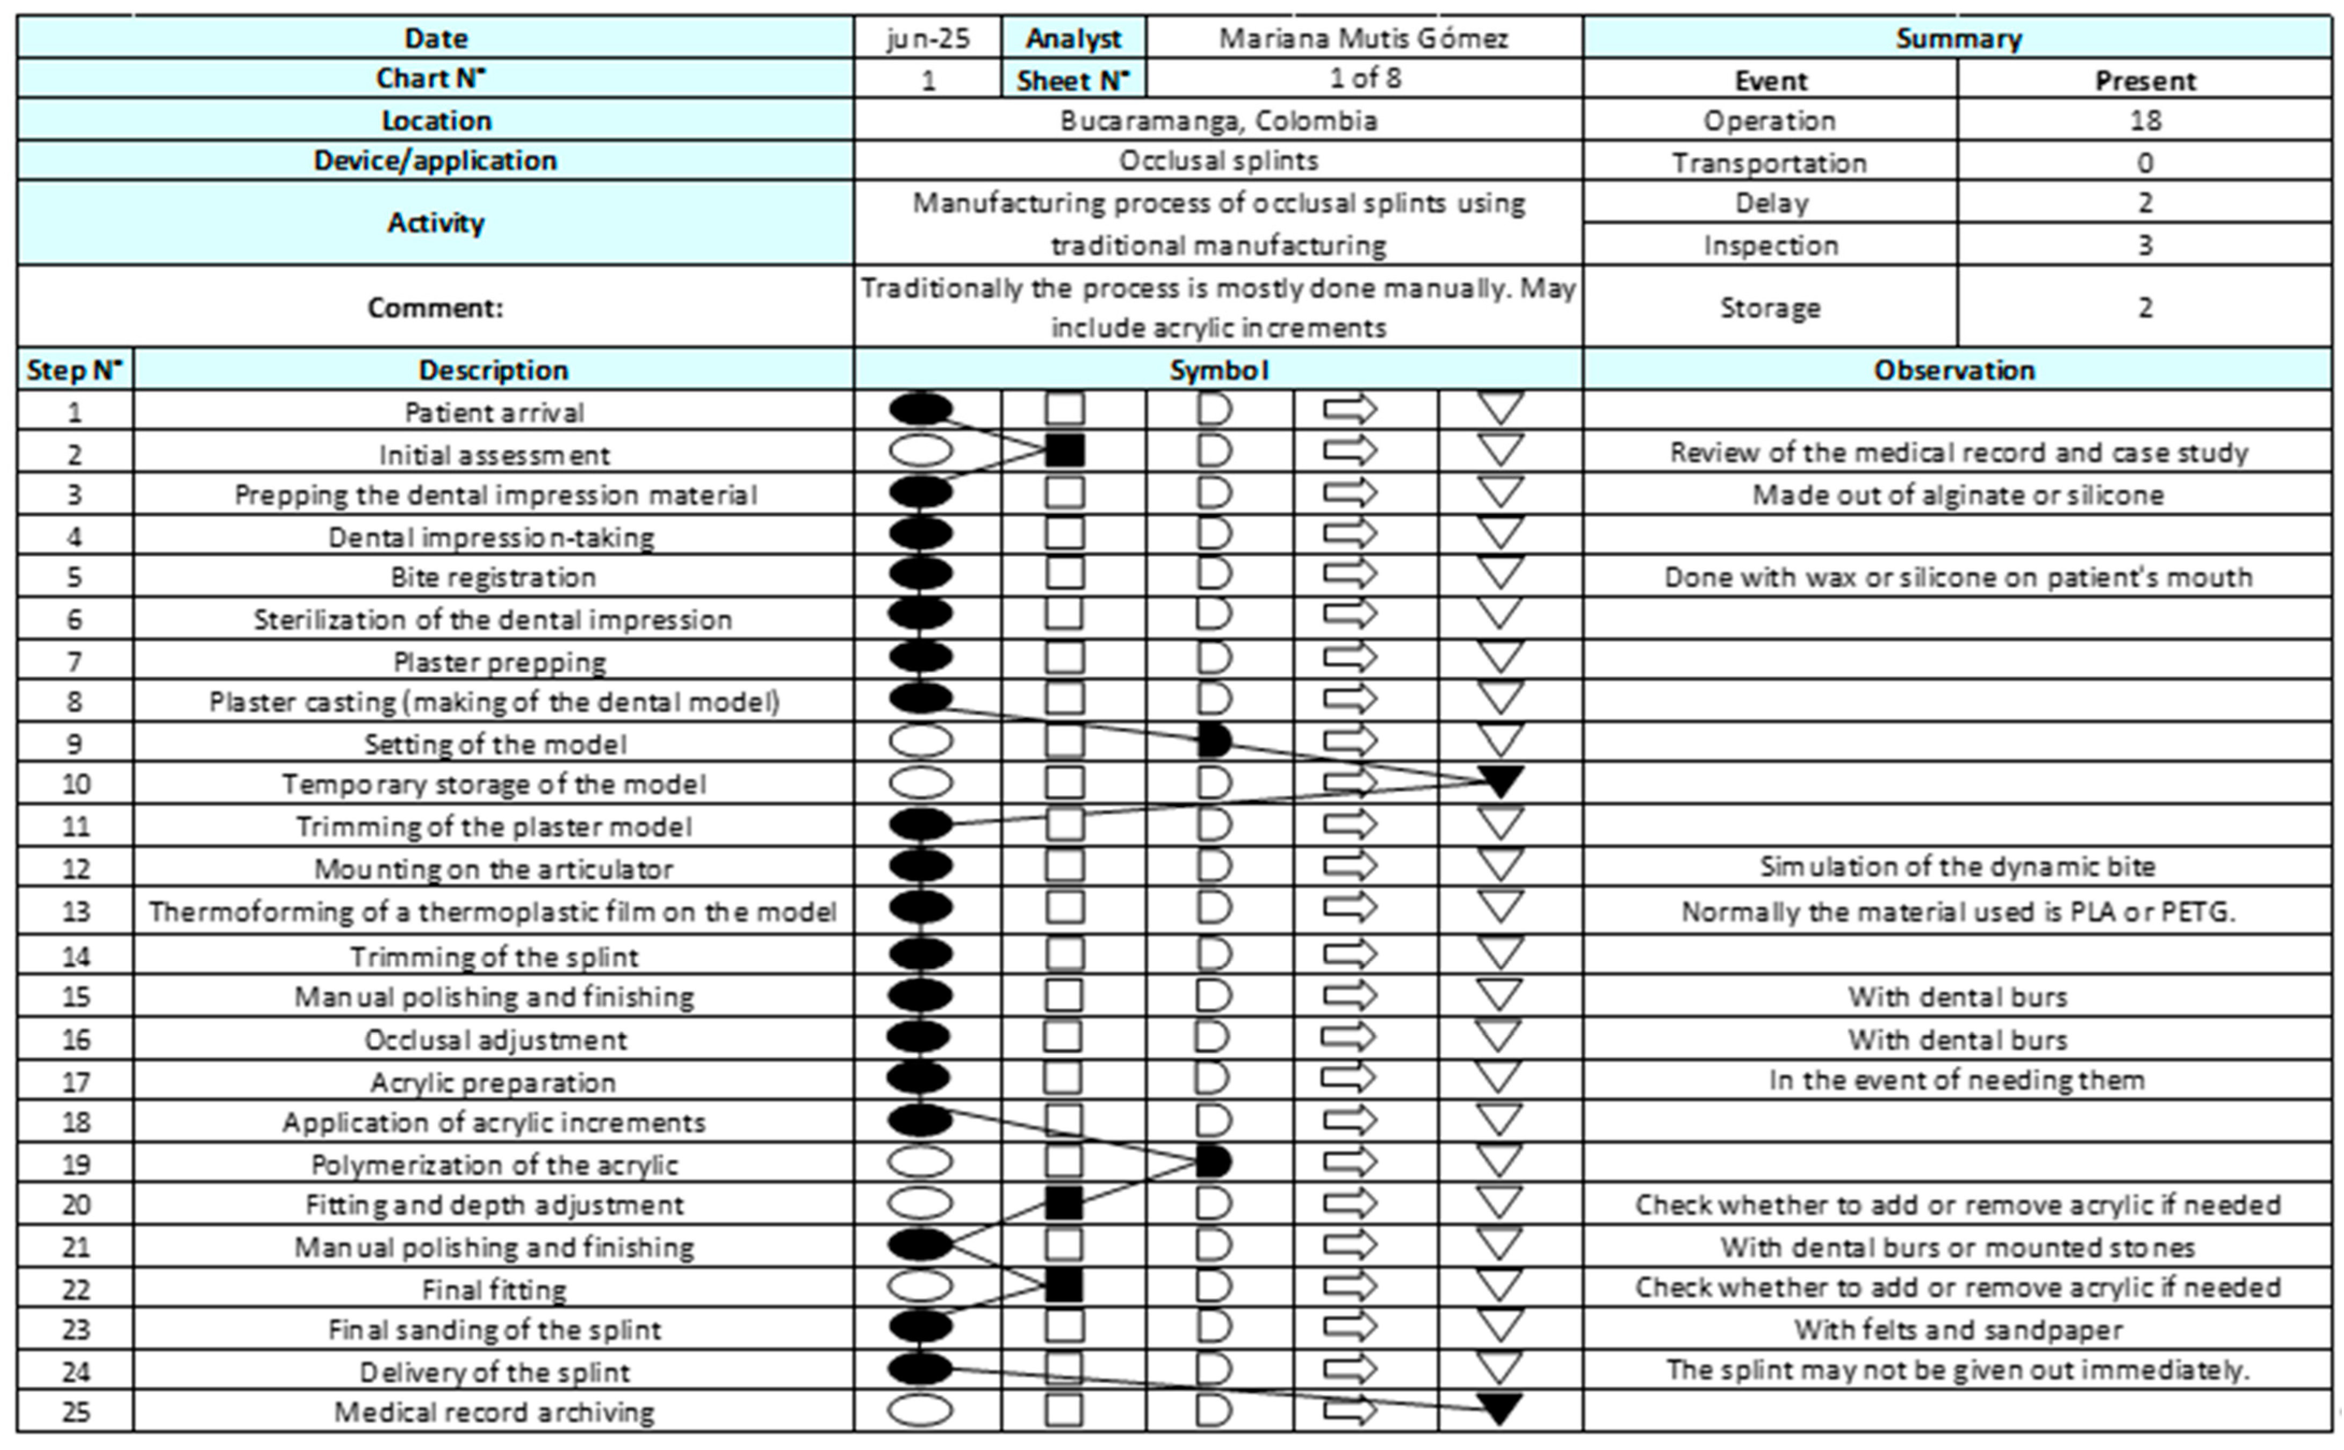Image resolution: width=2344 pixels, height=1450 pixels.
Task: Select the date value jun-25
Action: coord(927,38)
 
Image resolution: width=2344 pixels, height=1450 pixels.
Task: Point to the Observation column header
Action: coord(1955,370)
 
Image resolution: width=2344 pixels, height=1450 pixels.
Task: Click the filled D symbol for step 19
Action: coord(1213,1162)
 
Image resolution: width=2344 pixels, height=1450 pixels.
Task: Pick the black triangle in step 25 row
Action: coord(1501,1408)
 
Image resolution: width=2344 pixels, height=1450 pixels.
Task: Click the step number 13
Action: coord(76,911)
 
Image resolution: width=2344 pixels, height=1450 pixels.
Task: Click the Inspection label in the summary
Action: coord(1770,246)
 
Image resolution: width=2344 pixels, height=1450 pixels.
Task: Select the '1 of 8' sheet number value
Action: coord(1364,78)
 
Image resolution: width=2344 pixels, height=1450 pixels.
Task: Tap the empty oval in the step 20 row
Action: coord(920,1203)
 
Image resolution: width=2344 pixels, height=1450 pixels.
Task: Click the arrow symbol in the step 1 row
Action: coord(1350,410)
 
